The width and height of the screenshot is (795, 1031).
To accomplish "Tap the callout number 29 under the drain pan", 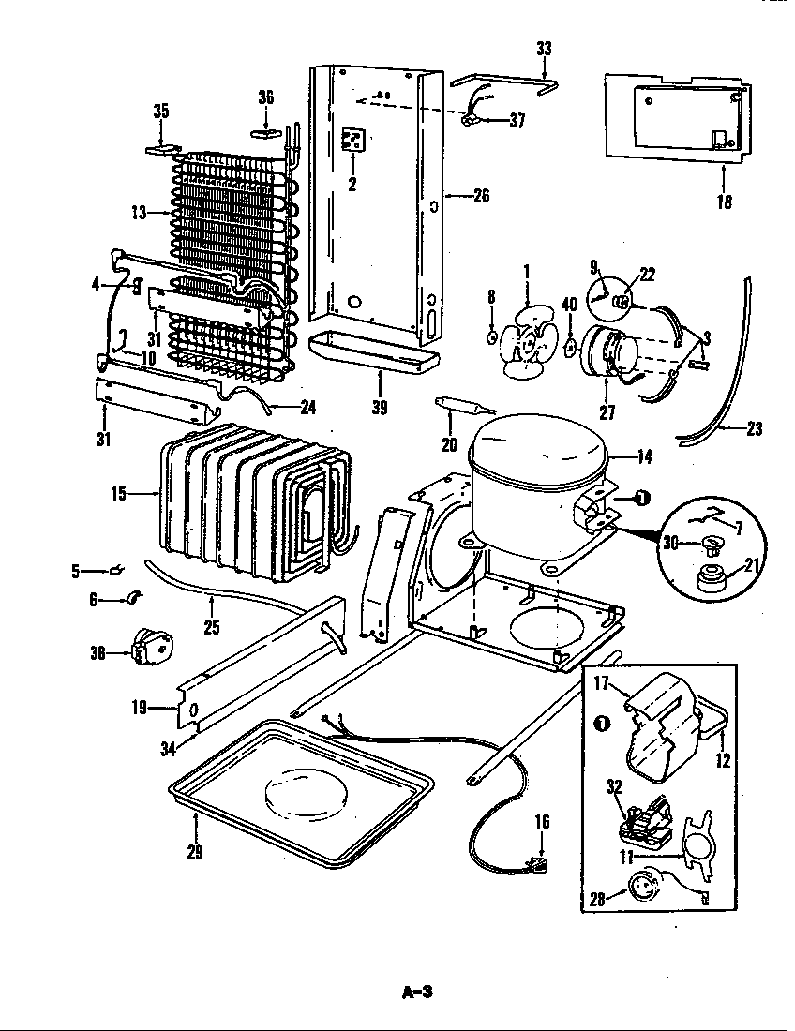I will (x=196, y=852).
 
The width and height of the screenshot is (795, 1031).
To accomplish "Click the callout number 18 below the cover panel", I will (x=724, y=202).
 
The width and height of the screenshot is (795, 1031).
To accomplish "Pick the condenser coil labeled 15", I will (x=253, y=501).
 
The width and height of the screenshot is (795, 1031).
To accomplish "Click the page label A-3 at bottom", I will (x=418, y=991).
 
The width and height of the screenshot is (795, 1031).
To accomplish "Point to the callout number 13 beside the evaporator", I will (x=140, y=213).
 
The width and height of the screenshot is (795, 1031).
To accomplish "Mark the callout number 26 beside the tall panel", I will (x=481, y=196).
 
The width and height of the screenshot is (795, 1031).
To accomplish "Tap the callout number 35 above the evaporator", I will (x=161, y=112).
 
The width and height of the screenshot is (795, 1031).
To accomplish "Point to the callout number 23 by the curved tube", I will (x=753, y=430).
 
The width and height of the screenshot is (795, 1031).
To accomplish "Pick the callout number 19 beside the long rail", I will (x=140, y=708).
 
